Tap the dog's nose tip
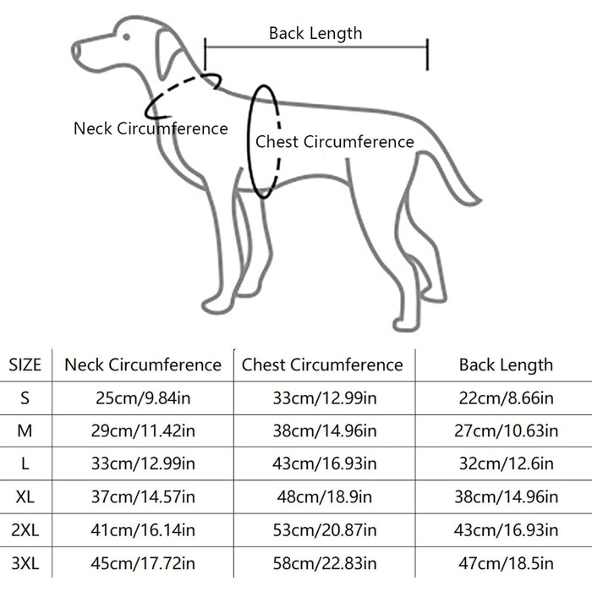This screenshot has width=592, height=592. pos(75,51)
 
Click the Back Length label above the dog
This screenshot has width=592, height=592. pos(315,33)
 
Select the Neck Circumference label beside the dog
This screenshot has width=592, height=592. pos(151,129)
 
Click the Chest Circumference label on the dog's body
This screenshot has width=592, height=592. pos(335,142)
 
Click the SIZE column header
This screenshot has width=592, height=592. pos(25,365)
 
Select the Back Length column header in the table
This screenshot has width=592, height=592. pos(506,365)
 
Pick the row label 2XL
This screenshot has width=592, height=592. pos(25,530)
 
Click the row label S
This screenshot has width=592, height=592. pos(25,398)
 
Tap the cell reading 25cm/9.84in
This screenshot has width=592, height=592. pos(142,398)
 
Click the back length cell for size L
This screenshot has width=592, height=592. pos(506,464)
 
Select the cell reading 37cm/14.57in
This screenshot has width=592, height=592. pos(142,497)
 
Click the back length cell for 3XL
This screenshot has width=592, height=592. pos(506,563)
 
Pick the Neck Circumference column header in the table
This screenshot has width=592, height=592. pos(142,365)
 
